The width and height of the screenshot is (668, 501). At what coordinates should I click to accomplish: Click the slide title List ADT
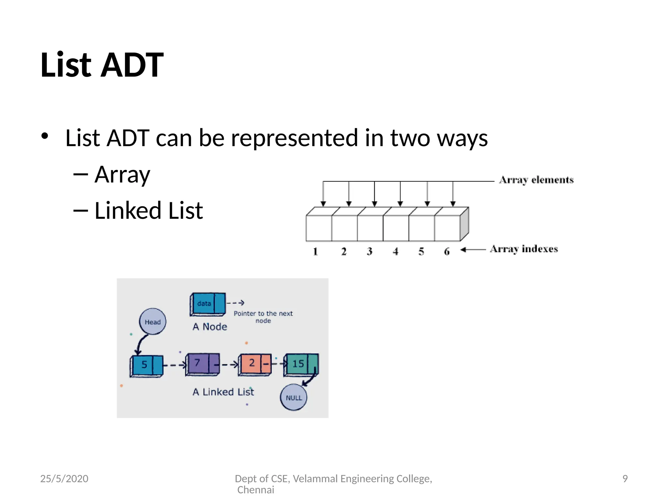pos(102,65)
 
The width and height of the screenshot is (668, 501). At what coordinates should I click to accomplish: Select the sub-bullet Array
pos(122,175)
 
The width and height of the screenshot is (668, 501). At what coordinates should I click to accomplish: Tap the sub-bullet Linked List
pos(148,211)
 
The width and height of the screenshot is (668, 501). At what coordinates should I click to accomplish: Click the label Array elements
pos(536,180)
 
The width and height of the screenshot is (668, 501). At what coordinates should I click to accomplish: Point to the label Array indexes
pos(524,249)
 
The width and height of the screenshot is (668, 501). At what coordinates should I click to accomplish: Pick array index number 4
pos(395,251)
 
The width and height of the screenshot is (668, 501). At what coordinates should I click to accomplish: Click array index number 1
pos(315,251)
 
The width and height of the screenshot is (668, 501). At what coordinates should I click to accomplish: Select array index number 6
pos(447,251)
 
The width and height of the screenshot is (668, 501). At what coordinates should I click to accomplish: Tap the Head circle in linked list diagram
pos(152,322)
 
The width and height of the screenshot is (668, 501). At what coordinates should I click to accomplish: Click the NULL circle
pos(294,397)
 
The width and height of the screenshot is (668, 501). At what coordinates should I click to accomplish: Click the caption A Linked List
pos(223,392)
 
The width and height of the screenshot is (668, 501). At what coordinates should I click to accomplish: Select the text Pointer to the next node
pos(263,316)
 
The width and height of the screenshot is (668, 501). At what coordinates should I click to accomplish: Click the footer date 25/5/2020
pos(64,478)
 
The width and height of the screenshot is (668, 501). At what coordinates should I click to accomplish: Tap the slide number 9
pos(625,478)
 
